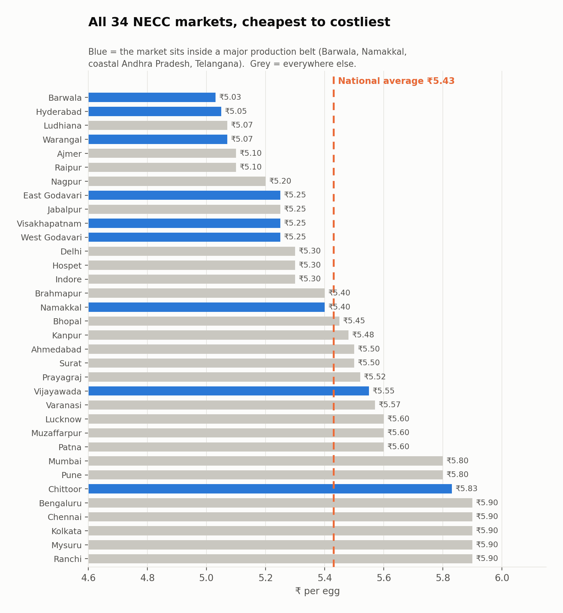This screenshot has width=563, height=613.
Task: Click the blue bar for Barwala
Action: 152,97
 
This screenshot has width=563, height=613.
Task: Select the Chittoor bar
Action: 270,489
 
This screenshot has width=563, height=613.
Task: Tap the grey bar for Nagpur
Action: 177,181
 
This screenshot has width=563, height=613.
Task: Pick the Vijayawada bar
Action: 229,391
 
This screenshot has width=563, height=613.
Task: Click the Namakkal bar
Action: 206,307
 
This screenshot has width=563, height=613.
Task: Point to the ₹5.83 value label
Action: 466,488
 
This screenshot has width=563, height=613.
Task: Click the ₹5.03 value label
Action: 230,97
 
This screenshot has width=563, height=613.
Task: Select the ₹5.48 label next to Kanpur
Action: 363,335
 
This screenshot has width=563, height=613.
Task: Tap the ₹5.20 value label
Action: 280,181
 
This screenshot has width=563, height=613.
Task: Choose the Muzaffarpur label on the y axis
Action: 56,433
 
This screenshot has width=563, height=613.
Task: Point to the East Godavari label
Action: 52,195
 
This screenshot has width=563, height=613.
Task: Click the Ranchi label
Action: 67,559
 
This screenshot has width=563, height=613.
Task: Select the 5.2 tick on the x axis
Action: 266,578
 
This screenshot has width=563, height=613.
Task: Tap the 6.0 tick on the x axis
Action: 502,578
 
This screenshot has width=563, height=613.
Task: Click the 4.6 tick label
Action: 88,578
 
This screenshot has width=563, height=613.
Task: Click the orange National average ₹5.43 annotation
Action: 396,81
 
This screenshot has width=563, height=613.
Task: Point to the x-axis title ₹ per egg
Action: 318,591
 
